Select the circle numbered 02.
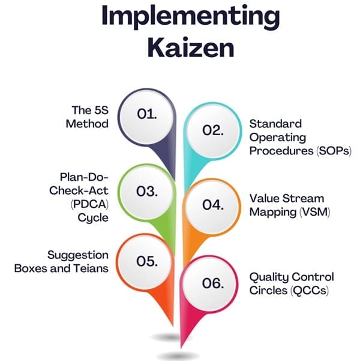tap(212, 130)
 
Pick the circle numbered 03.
tap(147, 192)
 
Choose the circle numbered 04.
tap(212, 205)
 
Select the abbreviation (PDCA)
tap(88, 204)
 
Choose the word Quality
tap(268, 277)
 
